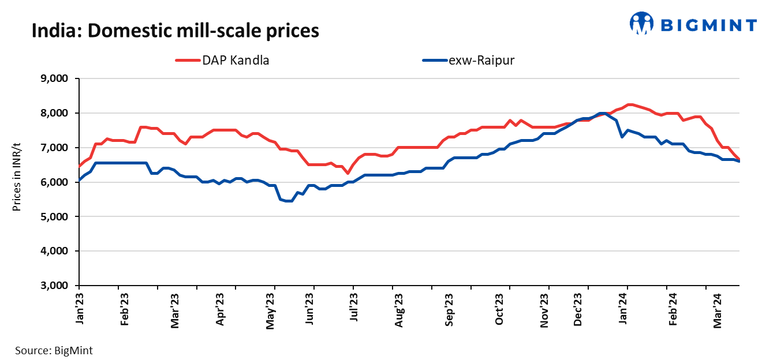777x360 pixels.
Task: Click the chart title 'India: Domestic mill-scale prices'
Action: [175, 30]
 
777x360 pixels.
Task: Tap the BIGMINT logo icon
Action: [641, 24]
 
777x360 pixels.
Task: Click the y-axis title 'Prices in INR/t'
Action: [17, 182]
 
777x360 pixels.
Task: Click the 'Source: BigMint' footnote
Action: [54, 350]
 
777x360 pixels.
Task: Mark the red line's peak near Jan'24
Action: [629, 104]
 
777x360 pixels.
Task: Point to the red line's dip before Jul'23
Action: [348, 173]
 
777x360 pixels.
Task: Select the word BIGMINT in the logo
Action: [708, 25]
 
